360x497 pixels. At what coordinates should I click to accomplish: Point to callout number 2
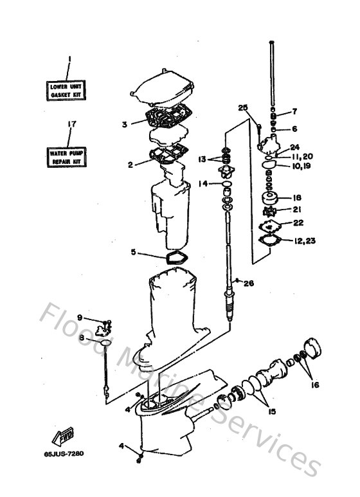[x=130, y=165]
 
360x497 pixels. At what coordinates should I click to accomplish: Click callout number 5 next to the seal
[x=133, y=253]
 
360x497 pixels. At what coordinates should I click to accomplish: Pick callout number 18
[x=296, y=197]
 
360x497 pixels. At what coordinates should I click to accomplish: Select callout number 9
[x=80, y=317]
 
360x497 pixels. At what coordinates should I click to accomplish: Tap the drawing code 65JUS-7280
[x=64, y=453]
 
